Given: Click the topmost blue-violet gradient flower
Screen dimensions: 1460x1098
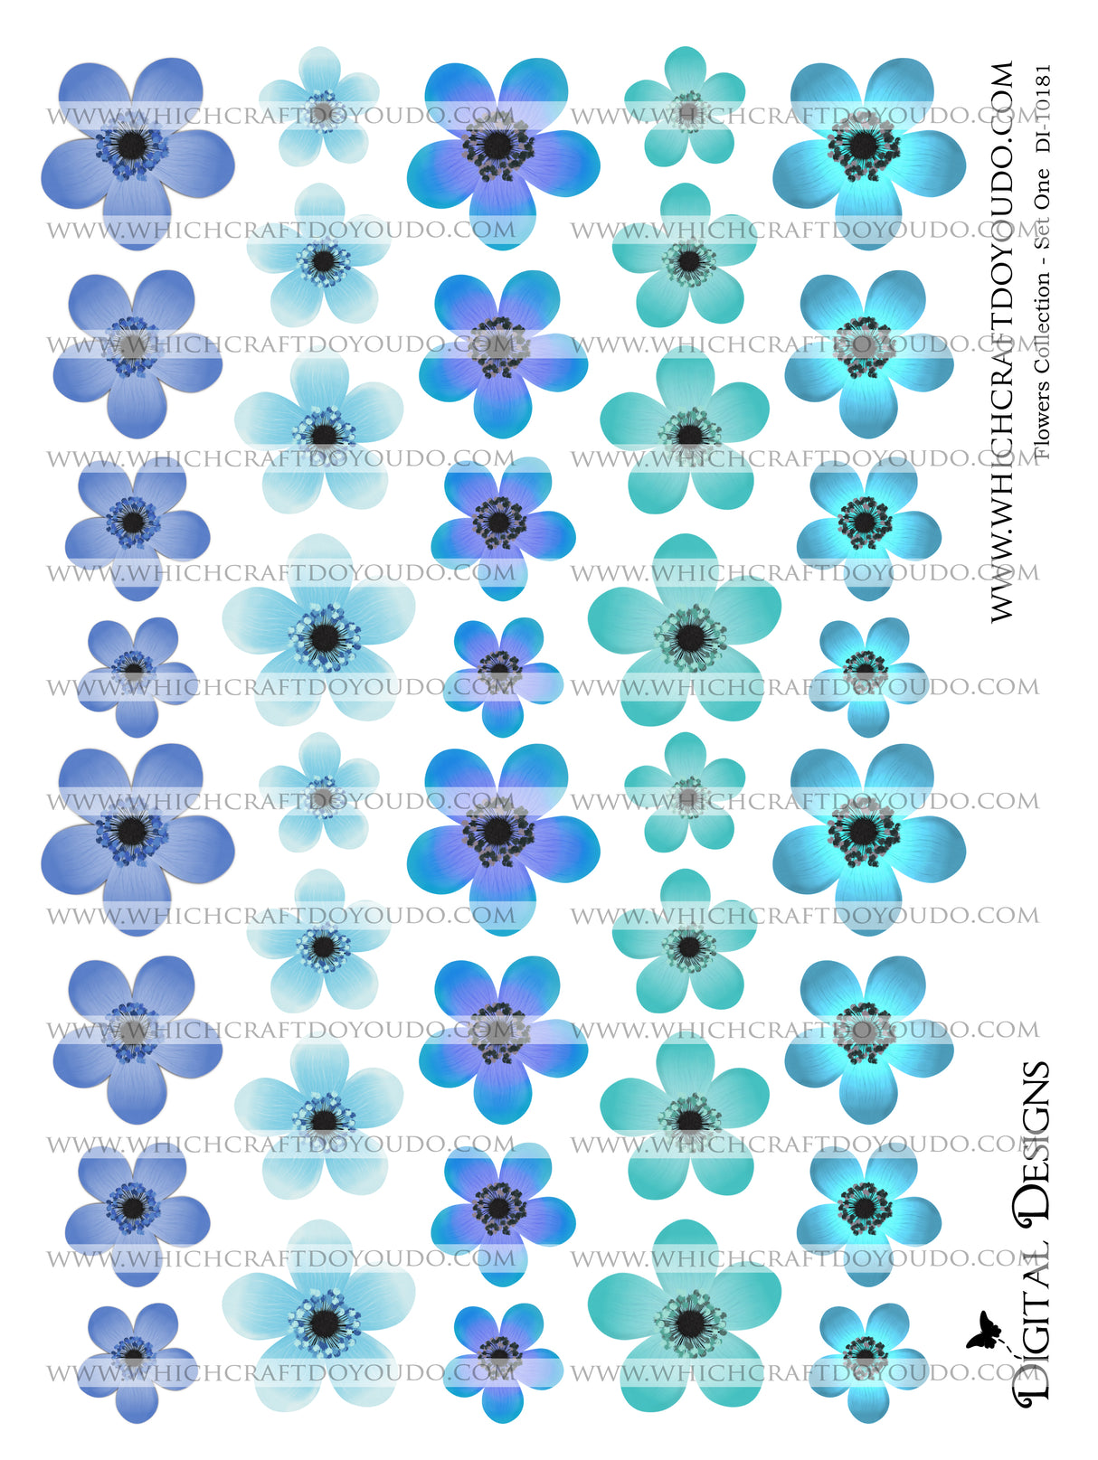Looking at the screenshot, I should click(499, 145).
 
